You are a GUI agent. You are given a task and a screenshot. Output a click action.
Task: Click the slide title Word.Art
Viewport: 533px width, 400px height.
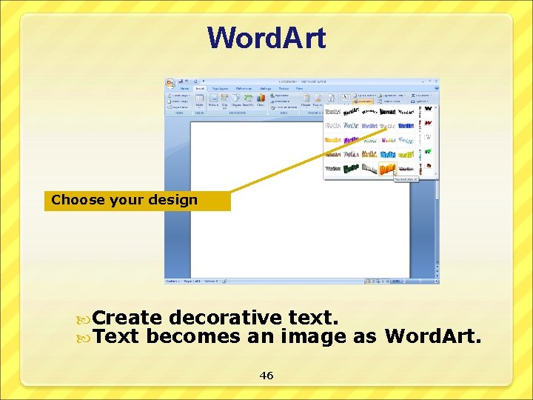pos(266,38)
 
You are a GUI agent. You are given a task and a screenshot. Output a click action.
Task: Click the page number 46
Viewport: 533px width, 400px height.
pos(266,376)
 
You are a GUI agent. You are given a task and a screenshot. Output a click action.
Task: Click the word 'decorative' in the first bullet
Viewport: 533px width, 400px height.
pos(225,318)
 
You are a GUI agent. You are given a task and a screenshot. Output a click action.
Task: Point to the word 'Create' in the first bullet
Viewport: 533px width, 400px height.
pos(127,318)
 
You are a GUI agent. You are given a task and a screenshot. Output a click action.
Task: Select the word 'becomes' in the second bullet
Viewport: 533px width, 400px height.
pos(194,337)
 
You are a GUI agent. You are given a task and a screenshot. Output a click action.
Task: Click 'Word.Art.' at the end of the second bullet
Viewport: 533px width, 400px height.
pos(433,337)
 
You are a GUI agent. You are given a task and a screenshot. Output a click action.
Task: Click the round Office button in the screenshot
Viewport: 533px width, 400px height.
pos(170,83)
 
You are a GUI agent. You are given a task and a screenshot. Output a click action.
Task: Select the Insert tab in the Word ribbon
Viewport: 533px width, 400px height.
pos(200,88)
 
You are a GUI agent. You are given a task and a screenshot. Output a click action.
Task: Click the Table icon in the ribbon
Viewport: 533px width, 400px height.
pos(198,99)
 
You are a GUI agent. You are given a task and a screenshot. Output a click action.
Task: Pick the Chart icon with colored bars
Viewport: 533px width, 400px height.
pos(261,98)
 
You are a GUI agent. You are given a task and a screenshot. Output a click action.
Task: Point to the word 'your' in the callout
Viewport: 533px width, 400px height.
pos(132,199)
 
